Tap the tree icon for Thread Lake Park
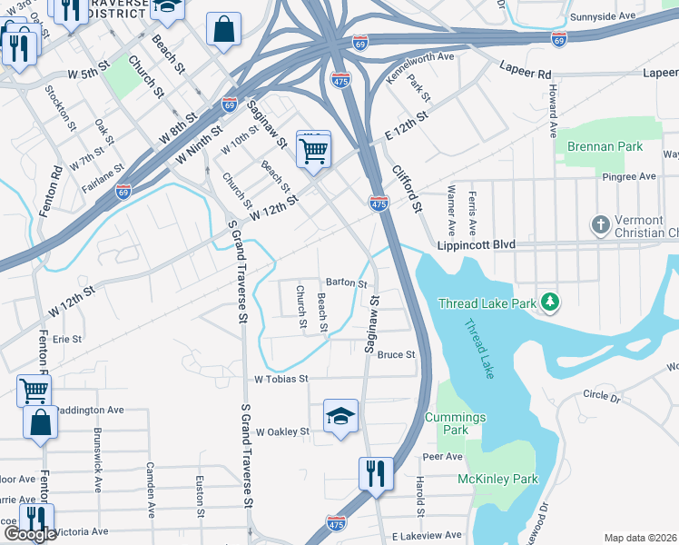pyautogui.click(x=549, y=301)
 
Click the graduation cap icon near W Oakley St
pyautogui.click(x=341, y=416)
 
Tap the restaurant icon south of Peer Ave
pyautogui.click(x=376, y=473)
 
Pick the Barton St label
pyautogui.click(x=346, y=282)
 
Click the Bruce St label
pyautogui.click(x=397, y=354)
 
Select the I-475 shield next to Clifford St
pyautogui.click(x=379, y=203)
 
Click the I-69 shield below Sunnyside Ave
pyautogui.click(x=559, y=39)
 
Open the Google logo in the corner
pyautogui.click(x=30, y=534)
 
